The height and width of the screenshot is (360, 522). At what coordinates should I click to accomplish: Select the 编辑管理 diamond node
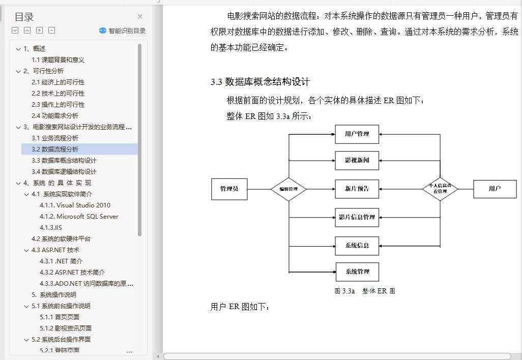click(288, 189)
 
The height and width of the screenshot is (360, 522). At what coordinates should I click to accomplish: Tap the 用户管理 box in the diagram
click(357, 134)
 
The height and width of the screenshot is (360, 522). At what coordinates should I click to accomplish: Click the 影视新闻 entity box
click(357, 161)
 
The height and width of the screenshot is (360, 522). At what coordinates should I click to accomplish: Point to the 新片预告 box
click(357, 189)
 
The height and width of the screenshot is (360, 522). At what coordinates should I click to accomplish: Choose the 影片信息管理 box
click(357, 218)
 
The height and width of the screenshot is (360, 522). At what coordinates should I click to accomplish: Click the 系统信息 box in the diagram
click(357, 246)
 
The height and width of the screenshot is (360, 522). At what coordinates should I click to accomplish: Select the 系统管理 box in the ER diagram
click(357, 272)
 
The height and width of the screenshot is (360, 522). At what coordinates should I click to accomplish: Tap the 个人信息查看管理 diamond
click(440, 189)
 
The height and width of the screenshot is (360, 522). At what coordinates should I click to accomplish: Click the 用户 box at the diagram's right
click(495, 189)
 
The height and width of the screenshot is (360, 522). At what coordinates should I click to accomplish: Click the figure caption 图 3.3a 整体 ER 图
click(364, 291)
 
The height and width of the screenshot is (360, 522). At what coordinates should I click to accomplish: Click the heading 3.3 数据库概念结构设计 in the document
click(260, 82)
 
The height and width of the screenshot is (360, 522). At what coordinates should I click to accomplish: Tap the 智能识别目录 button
click(123, 31)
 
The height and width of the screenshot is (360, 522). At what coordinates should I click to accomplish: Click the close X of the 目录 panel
click(140, 17)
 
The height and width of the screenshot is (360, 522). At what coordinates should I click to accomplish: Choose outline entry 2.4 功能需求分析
click(55, 116)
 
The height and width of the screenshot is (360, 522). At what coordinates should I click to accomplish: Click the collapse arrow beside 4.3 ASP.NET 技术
click(26, 250)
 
